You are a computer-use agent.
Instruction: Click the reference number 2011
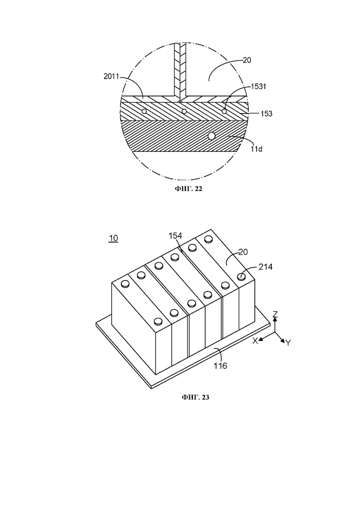111,76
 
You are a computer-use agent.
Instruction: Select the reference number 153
266,114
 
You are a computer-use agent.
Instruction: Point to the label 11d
256,149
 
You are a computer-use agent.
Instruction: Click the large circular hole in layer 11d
212,136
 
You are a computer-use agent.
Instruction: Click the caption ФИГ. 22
189,189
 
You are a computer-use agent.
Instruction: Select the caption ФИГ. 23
195,397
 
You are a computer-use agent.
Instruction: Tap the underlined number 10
113,238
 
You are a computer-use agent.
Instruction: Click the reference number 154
175,236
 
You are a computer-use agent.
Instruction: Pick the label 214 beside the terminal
265,267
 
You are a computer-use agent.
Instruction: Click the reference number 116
220,366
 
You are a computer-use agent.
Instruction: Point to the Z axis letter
275,314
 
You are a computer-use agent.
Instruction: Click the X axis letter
255,341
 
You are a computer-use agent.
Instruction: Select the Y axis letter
288,342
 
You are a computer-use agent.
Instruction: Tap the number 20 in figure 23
243,252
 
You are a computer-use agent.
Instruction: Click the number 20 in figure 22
247,60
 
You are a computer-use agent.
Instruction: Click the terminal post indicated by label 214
241,276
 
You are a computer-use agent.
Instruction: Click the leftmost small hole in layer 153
144,111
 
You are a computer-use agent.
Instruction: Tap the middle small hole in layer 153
184,111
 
